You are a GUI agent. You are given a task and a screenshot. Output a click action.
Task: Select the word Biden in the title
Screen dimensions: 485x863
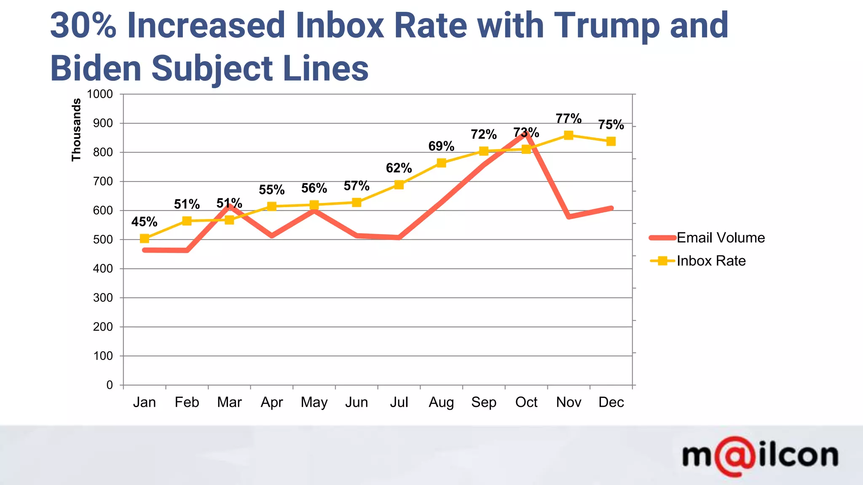coord(96,69)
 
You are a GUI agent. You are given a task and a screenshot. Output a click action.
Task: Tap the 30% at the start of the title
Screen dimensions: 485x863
coord(83,26)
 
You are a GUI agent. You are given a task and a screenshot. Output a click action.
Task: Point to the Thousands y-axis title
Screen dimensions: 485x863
coord(76,130)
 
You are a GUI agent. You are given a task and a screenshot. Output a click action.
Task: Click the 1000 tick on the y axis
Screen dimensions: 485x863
coord(100,94)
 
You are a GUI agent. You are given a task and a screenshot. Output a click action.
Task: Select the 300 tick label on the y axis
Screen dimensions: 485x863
coord(103,298)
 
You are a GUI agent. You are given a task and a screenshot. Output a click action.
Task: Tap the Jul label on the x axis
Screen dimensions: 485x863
coord(399,402)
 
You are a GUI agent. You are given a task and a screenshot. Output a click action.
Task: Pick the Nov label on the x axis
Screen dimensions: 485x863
coord(568,402)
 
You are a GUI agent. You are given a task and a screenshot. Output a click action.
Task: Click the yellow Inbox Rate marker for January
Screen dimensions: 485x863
coord(145,239)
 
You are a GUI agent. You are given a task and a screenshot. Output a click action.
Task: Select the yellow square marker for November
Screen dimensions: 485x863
coord(568,135)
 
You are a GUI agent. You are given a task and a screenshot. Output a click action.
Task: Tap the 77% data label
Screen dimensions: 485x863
coord(568,119)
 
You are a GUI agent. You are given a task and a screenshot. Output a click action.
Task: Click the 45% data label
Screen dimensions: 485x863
coord(145,222)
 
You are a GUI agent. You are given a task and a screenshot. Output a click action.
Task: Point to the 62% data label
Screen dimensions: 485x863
coord(399,168)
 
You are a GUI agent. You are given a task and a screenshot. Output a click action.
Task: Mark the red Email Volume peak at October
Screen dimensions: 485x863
coord(526,134)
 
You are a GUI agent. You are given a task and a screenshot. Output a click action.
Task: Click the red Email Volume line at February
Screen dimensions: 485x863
coord(187,250)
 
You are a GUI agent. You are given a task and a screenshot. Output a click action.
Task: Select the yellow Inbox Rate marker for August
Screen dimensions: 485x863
coord(441,163)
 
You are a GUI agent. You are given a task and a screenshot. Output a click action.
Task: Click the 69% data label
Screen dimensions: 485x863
coord(441,147)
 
